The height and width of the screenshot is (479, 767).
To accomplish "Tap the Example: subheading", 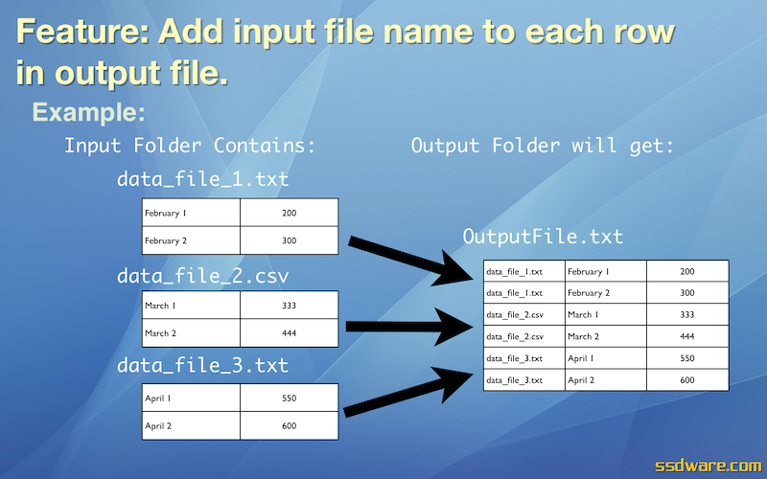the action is [x=88, y=112].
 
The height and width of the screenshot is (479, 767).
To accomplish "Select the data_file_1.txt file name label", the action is [x=202, y=179].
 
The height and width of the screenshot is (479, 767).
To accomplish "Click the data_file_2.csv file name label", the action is [x=202, y=276].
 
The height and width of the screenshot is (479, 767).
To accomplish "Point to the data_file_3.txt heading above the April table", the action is [x=202, y=366].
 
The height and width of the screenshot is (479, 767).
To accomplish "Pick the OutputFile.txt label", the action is [x=543, y=237].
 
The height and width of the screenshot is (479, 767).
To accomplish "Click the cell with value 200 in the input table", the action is [x=290, y=213].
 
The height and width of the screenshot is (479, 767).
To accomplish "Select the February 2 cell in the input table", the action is [x=191, y=240].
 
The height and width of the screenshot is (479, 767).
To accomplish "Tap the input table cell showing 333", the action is [x=290, y=305].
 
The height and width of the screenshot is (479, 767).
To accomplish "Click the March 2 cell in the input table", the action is [x=191, y=332].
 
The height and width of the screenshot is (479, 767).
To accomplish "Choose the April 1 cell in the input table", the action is [x=191, y=398].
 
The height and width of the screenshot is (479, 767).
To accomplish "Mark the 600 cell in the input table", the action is [x=290, y=425].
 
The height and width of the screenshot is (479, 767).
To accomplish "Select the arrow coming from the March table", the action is [x=409, y=327].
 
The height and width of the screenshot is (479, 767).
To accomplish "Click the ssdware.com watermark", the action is [x=708, y=466].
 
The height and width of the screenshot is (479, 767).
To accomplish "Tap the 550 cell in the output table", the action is [x=687, y=358].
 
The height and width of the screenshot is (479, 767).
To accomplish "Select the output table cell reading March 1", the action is [x=606, y=315].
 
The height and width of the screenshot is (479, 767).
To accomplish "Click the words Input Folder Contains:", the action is [x=190, y=146].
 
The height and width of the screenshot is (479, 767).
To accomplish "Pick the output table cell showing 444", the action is [x=687, y=336].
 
